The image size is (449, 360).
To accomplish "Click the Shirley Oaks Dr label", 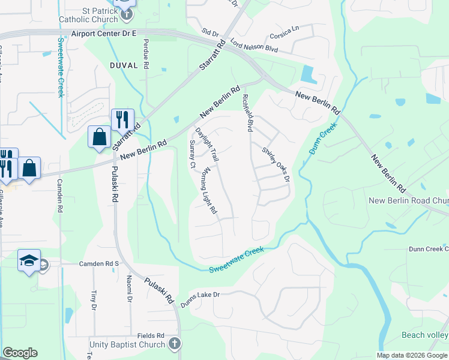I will point(276,163).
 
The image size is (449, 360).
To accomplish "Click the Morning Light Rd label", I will point(208,191).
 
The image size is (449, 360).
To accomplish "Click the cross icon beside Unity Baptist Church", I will point(174,344).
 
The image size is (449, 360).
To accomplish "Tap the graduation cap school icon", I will point(29,261).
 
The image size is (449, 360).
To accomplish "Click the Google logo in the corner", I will point(20,353).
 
